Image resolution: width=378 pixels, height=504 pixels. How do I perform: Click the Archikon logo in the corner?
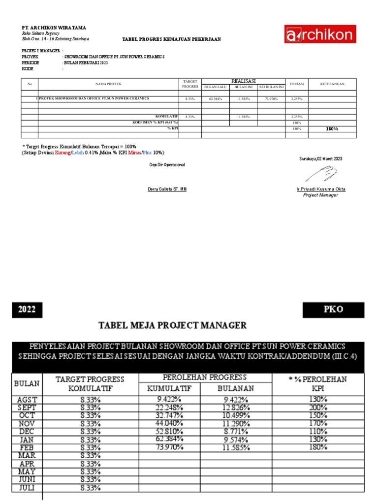coord(319,35)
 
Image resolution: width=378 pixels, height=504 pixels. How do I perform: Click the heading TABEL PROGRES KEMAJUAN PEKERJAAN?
coord(172,39)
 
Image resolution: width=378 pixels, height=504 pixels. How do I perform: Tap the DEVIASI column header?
coord(297,84)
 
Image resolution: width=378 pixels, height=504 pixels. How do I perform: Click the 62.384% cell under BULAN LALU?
coord(215,99)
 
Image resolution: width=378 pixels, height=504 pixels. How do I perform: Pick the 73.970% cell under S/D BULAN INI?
coord(271,99)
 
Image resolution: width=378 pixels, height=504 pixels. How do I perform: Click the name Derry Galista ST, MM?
coord(167,189)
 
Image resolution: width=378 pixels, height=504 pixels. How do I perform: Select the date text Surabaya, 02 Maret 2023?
coord(320,158)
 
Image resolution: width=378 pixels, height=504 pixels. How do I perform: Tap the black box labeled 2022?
coord(27,310)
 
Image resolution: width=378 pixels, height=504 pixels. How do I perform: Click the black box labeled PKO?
coord(333,310)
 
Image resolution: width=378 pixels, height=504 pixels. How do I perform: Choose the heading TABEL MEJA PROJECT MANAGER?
coord(173,325)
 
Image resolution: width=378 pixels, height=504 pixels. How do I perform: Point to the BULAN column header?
coord(28,383)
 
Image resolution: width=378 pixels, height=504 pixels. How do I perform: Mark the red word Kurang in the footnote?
coord(63,153)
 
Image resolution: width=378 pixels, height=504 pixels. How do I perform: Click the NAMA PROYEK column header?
coord(108,84)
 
